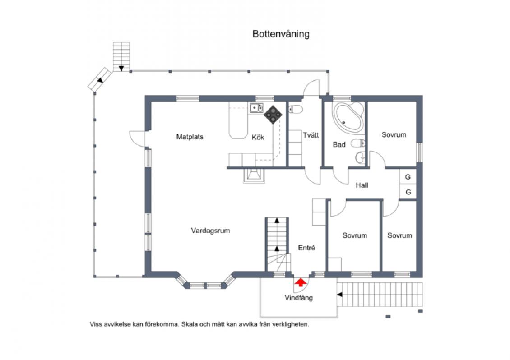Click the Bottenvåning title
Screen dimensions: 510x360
point(281,34)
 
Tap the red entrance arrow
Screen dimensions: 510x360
point(301,282)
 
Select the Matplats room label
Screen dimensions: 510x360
point(190,137)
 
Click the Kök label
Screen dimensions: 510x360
point(258,137)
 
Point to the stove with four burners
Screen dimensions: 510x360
point(273,114)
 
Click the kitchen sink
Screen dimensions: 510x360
point(256,108)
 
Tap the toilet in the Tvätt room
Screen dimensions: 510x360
point(296,109)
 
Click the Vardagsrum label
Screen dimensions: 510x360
point(210,231)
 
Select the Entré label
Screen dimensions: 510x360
point(306,248)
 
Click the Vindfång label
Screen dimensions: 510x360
point(299,298)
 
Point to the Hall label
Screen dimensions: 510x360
point(362,185)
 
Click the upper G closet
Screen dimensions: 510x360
point(408,177)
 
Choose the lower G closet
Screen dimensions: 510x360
point(408,192)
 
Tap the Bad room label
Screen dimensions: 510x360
point(339,144)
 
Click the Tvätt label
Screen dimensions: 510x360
point(311,135)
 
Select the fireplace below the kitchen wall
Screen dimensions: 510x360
point(254,175)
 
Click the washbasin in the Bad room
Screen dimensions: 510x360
point(360,158)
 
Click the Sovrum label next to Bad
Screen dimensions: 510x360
point(394,134)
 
